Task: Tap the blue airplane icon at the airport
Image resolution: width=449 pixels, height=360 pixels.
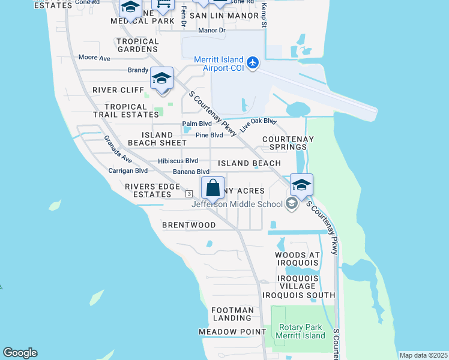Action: pos(252,62)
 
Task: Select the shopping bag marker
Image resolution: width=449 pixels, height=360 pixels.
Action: pos(212,188)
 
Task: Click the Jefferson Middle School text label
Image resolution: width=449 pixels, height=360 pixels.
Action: pos(237,204)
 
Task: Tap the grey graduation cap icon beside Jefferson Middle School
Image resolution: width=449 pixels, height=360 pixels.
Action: pos(292,204)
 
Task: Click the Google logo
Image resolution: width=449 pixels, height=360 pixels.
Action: pos(20,353)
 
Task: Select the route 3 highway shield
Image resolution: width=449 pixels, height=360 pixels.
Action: pos(188,193)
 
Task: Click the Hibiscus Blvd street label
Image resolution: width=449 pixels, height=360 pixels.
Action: pos(178,161)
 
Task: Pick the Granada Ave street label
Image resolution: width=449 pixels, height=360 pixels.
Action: pos(118,149)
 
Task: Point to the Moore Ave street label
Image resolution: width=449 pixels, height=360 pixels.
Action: pos(94,58)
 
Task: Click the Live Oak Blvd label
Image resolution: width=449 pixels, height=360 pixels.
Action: pos(258,125)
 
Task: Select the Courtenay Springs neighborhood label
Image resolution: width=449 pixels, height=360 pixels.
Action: pos(288,143)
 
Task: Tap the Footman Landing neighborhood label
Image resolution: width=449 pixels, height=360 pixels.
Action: pos(232,314)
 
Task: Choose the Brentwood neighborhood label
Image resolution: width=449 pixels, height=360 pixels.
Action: pos(188,225)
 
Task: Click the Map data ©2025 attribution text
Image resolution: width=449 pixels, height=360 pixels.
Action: pos(423,355)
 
